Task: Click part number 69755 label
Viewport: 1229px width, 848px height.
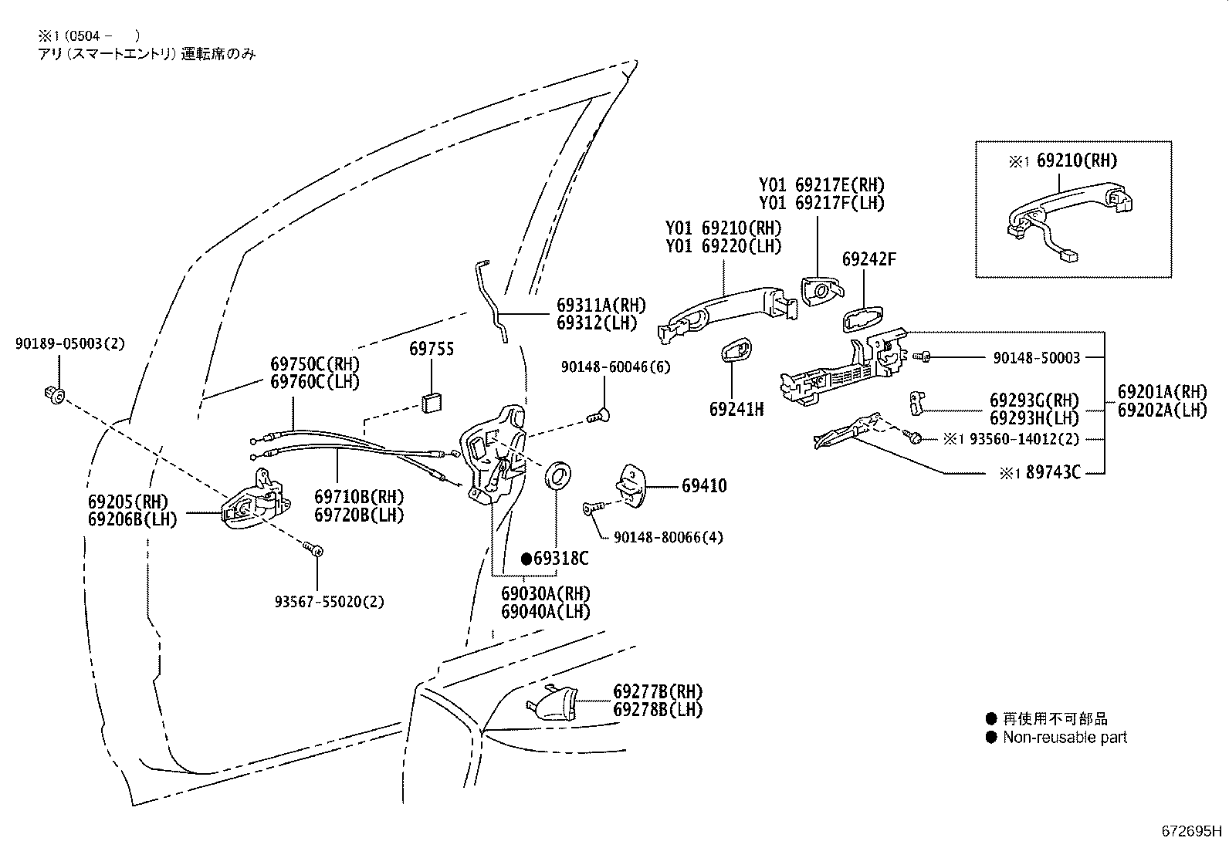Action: tap(431, 349)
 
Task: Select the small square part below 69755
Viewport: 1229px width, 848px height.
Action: tap(431, 403)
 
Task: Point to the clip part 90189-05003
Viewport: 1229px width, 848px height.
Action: tap(53, 395)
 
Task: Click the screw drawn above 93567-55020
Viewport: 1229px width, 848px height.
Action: tap(315, 549)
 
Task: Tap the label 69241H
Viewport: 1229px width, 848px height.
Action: tap(736, 409)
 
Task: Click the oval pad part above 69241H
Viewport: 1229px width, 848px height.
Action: tap(736, 353)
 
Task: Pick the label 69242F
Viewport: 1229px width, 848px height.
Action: tap(868, 258)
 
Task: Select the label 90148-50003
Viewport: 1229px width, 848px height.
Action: tap(1036, 357)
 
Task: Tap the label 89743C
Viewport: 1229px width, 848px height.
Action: tap(1051, 472)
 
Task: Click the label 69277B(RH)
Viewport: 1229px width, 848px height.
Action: tap(658, 691)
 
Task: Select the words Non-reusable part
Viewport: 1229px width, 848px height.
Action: tap(1065, 737)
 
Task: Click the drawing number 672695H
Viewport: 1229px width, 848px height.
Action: tap(1192, 831)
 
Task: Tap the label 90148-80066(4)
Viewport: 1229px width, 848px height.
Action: tap(669, 536)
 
